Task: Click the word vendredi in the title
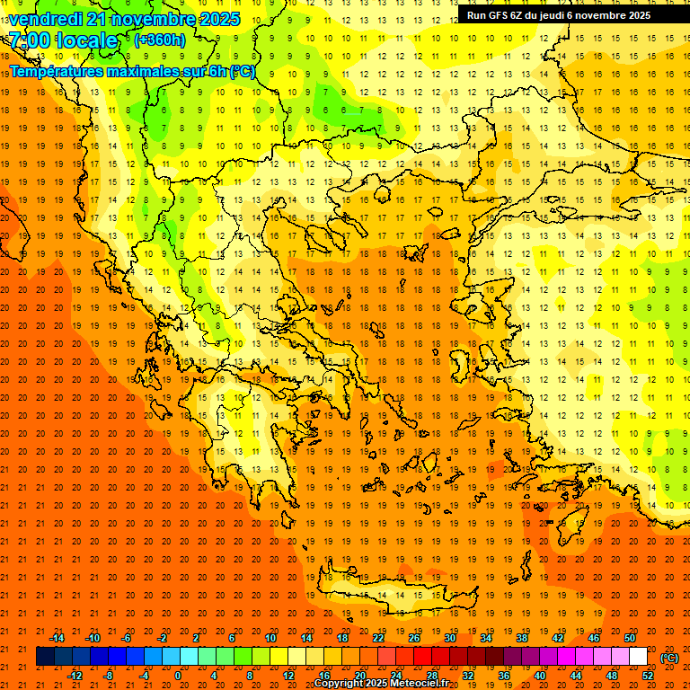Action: [45, 19]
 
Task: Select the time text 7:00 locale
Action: [63, 40]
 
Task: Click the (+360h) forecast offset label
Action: [160, 40]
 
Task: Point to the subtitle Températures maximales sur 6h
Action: [131, 71]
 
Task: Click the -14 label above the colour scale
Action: [57, 638]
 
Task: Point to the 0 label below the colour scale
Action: [178, 675]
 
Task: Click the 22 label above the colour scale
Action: [379, 638]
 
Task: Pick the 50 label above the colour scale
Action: [630, 638]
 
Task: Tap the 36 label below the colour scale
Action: [504, 675]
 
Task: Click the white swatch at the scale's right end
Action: [639, 657]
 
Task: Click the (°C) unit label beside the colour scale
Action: [669, 658]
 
